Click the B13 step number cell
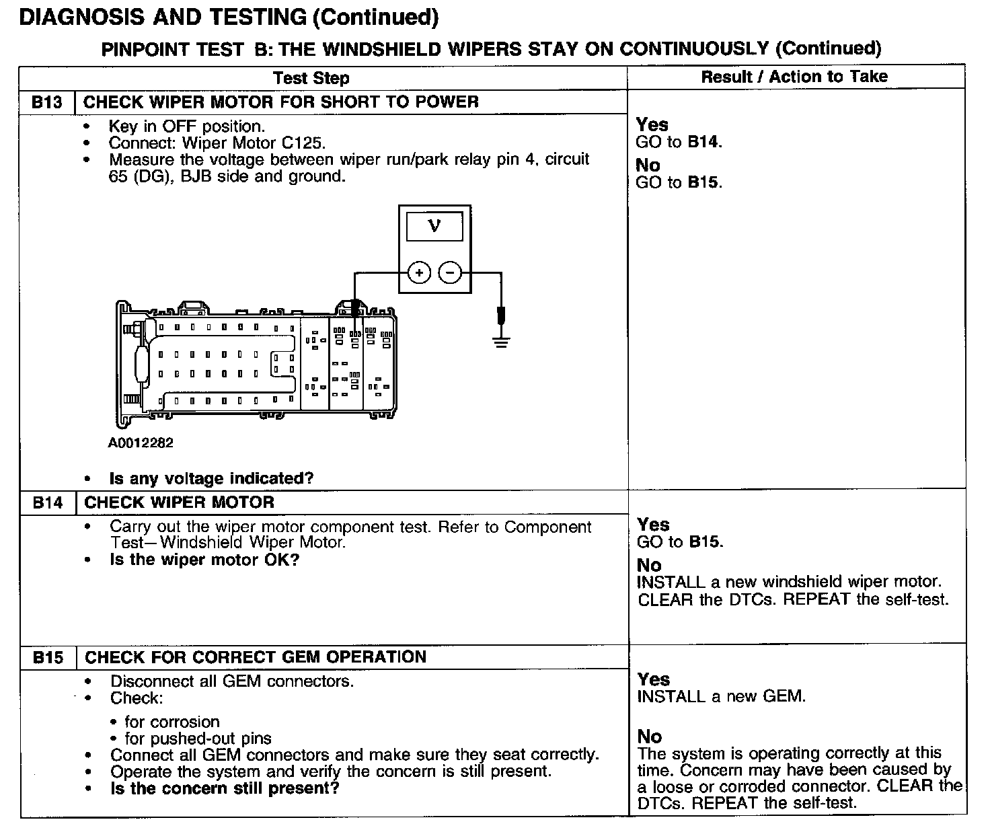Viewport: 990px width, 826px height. coord(47,102)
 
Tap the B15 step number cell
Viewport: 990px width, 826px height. coord(48,657)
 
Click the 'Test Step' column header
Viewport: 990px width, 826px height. coord(311,78)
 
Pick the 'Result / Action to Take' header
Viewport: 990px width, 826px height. coord(794,77)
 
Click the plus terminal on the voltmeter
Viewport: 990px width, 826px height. coord(419,272)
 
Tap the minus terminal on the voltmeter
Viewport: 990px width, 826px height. coord(450,272)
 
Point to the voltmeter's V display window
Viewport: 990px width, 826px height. coord(434,227)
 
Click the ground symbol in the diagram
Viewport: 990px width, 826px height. coord(500,342)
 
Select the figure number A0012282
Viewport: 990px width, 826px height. coord(141,443)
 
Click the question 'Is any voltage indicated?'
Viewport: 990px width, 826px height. coord(211,478)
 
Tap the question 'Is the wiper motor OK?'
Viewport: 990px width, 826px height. coord(204,560)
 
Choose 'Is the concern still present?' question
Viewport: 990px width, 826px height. coord(225,788)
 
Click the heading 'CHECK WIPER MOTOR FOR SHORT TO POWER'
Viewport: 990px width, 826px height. coord(281,102)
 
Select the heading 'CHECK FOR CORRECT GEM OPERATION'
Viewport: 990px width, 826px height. coord(256,657)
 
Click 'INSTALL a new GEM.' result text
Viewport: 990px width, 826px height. coord(722,696)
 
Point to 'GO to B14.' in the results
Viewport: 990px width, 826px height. coord(679,142)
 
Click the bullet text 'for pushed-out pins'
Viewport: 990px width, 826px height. coord(198,739)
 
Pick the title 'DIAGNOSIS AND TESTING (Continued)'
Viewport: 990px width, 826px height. coord(229,17)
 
